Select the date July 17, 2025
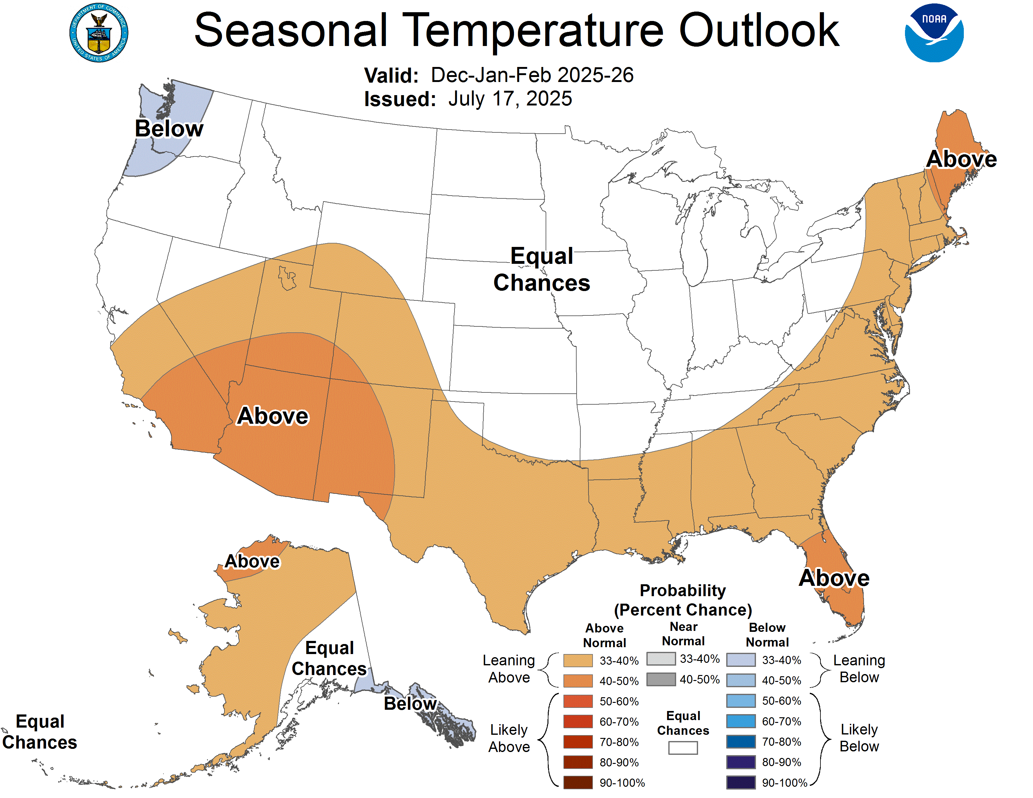[510, 99]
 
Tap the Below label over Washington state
[169, 129]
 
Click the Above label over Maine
[961, 159]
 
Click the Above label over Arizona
[273, 416]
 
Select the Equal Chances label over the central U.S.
[542, 269]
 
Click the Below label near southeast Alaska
[410, 703]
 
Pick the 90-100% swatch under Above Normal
[578, 782]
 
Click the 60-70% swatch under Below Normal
[740, 721]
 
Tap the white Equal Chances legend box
[682, 747]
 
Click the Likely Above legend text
[509, 738]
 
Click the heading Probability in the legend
[682, 591]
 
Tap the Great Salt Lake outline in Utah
[287, 279]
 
